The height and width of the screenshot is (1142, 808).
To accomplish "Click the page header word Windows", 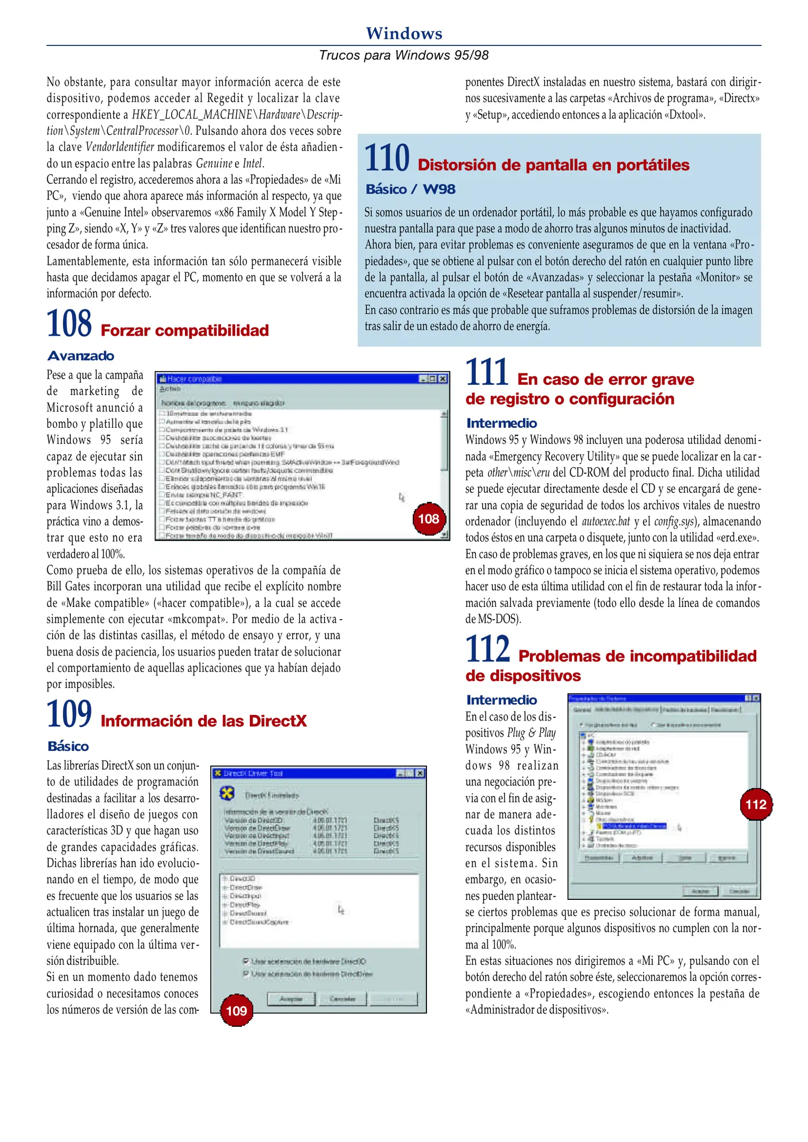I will pyautogui.click(x=404, y=33).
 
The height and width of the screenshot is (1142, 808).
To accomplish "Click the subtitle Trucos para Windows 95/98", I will pyautogui.click(x=404, y=55).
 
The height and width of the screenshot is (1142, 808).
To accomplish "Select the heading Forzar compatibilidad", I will pyautogui.click(x=184, y=330).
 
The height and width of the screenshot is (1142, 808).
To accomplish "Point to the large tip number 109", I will pyautogui.click(x=69, y=714).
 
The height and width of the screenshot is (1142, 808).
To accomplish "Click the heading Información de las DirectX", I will pyautogui.click(x=203, y=721).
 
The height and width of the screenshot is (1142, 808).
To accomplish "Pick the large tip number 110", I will pyautogui.click(x=387, y=158).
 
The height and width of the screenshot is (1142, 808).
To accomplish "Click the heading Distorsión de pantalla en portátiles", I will pyautogui.click(x=553, y=165).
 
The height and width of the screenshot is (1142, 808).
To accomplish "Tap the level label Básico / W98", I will pyautogui.click(x=410, y=189).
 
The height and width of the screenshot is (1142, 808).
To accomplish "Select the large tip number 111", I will pyautogui.click(x=487, y=372).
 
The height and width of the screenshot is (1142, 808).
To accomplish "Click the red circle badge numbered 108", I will pyautogui.click(x=429, y=519).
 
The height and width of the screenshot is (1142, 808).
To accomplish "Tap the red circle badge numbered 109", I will pyautogui.click(x=236, y=1010).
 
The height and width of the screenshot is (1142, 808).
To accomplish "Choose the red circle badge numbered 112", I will pyautogui.click(x=756, y=804).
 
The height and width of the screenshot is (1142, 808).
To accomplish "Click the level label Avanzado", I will pyautogui.click(x=81, y=356).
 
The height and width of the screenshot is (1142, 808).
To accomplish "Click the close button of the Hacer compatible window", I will pyautogui.click(x=443, y=379).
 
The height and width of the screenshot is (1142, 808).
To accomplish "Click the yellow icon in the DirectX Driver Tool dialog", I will pyautogui.click(x=227, y=793).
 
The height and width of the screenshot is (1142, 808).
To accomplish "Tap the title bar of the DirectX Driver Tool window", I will pyautogui.click(x=307, y=773).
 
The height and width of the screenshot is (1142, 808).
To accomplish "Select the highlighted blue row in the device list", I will pyautogui.click(x=634, y=826).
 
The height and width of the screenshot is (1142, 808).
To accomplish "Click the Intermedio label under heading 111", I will pyautogui.click(x=501, y=423).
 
